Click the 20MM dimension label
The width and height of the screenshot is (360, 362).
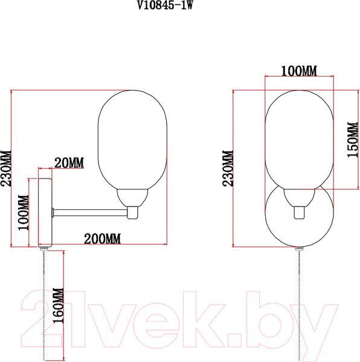69,163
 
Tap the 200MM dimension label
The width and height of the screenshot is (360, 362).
102,238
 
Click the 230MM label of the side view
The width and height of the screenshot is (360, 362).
6,170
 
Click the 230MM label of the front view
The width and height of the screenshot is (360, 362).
229,170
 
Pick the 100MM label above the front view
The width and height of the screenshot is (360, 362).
300,71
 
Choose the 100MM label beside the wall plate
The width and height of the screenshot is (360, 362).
24,212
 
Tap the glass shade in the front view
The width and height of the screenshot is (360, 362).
300,139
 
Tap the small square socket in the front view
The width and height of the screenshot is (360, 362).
300,212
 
